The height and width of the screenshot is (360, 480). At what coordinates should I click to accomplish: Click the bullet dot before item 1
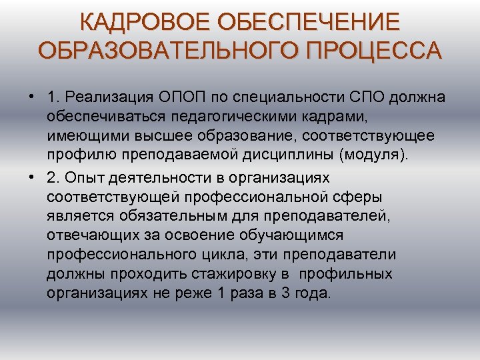[x=31, y=97]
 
